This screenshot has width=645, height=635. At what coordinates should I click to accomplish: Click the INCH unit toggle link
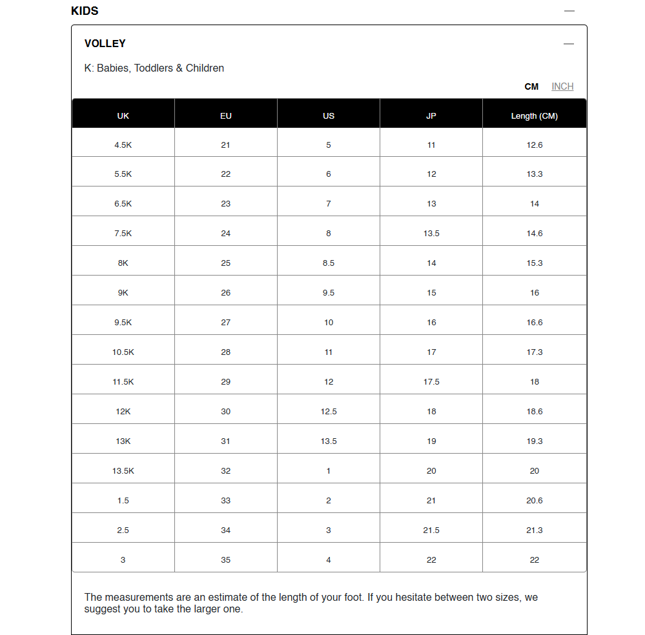coord(562,86)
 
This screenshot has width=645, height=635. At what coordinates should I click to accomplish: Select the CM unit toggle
coord(531,86)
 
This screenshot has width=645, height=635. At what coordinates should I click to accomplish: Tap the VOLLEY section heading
coord(105,43)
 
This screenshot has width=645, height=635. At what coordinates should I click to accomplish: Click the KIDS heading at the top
coord(85,11)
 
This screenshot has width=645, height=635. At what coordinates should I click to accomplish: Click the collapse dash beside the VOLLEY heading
coord(568,44)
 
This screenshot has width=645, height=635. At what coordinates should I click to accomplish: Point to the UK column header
coord(123,116)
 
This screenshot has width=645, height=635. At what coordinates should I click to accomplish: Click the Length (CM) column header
coord(534,116)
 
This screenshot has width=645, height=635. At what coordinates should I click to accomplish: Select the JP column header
coord(431,116)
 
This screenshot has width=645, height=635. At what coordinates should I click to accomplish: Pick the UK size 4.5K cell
coord(123,145)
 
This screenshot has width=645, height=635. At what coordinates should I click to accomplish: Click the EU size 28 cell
coord(225,352)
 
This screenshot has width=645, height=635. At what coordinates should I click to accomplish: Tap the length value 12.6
coord(535,145)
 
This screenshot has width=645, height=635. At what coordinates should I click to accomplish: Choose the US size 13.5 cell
coord(329,441)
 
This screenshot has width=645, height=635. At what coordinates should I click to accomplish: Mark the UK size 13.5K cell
coord(123,471)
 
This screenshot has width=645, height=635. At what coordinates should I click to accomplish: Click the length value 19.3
coord(535,441)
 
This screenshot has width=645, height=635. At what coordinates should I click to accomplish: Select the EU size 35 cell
coord(225,560)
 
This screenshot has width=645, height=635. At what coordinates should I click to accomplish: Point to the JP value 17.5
coord(431,382)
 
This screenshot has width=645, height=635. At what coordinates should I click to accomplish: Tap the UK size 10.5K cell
coord(123,352)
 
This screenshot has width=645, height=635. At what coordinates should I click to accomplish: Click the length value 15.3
coord(535,263)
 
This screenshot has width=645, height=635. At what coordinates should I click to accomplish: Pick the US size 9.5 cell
coord(329,293)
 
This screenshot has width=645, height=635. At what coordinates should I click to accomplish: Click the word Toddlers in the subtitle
coord(154,68)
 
